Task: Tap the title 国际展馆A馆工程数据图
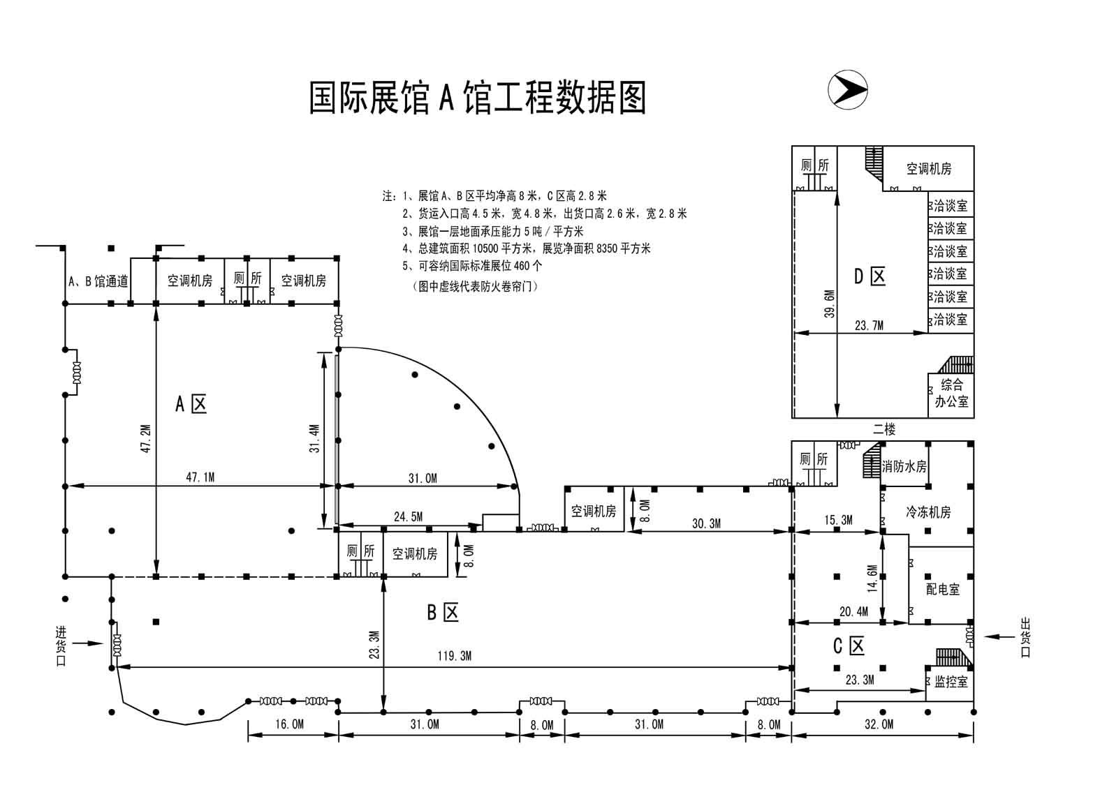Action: (x=478, y=97)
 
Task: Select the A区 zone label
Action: (x=191, y=403)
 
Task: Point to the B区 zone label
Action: (x=443, y=612)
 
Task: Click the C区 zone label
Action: (x=849, y=646)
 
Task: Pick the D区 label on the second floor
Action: (x=870, y=276)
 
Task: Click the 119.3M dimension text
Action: (x=455, y=656)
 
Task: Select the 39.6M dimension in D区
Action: (x=829, y=304)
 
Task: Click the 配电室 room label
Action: (x=942, y=590)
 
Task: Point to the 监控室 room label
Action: (x=951, y=682)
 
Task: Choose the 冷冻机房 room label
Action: (x=927, y=512)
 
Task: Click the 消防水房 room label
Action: (x=904, y=466)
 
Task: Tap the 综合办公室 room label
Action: (x=951, y=393)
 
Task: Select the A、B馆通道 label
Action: (x=98, y=281)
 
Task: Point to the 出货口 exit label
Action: (x=1025, y=636)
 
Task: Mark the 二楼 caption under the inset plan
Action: (x=883, y=430)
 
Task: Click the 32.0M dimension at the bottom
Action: (x=879, y=725)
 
